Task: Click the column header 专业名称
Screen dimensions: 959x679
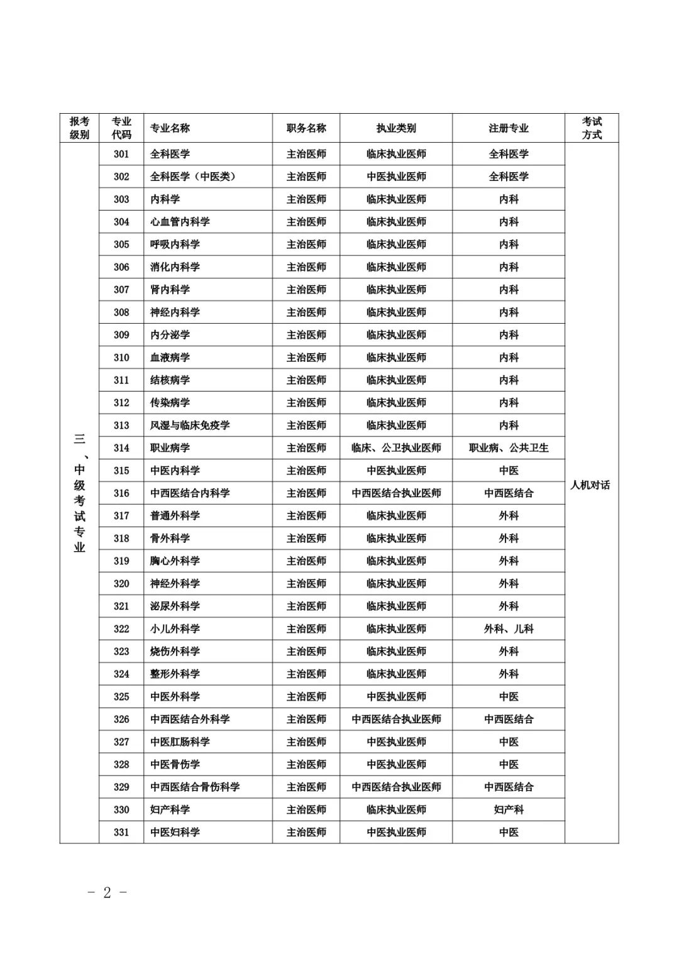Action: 170,128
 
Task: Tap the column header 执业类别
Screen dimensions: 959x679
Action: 396,128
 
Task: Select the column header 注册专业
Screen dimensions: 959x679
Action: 509,128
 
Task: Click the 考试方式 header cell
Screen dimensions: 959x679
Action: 592,128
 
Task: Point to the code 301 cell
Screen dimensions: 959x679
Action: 121,154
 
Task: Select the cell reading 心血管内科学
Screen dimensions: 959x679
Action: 180,222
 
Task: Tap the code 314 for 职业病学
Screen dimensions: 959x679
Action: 121,448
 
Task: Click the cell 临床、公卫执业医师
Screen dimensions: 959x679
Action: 396,448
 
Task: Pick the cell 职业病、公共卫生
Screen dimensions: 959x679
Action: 509,448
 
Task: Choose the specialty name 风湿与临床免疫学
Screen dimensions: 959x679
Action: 190,425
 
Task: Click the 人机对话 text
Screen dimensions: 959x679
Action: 590,485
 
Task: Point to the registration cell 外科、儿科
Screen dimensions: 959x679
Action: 509,629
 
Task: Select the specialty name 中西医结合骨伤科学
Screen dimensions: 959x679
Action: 195,787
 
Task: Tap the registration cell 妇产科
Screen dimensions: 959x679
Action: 509,809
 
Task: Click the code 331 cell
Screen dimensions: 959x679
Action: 121,832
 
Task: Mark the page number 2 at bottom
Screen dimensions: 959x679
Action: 107,892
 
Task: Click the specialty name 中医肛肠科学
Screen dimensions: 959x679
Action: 180,742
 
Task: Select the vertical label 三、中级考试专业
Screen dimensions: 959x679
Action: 79,493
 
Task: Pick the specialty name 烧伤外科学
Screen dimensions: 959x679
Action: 175,652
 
